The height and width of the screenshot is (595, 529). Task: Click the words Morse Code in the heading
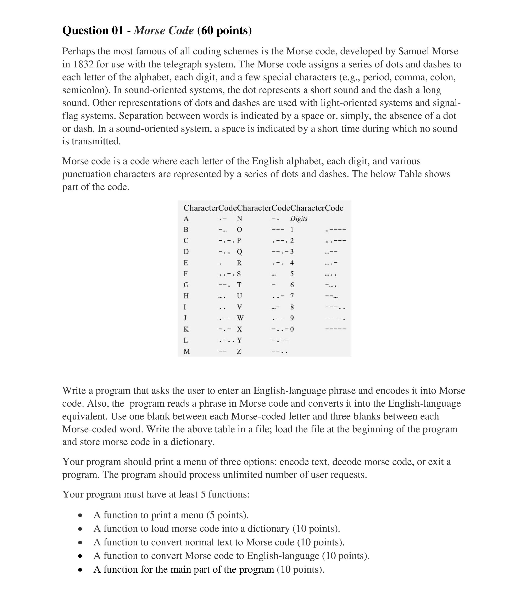pyautogui.click(x=164, y=30)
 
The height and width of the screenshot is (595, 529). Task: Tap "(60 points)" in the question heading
pyautogui.click(x=224, y=30)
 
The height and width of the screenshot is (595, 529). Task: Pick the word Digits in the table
pyautogui.click(x=299, y=219)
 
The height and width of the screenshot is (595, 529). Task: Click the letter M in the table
pyautogui.click(x=187, y=351)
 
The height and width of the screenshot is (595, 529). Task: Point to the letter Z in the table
pyautogui.click(x=239, y=351)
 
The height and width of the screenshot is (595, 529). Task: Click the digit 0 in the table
pyautogui.click(x=292, y=329)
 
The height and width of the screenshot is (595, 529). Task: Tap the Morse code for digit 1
pyautogui.click(x=336, y=230)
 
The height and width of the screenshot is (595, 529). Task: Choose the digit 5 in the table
pyautogui.click(x=292, y=274)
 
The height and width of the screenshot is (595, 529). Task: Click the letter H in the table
pyautogui.click(x=186, y=296)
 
